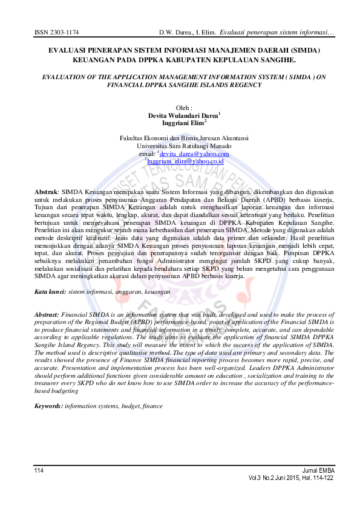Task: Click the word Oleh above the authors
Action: pos(179,107)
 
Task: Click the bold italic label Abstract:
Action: pos(47,316)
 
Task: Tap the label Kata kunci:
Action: pos(50,292)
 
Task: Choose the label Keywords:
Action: pos(48,406)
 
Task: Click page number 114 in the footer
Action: pos(39,470)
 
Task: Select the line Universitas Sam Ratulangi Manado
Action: pos(180,146)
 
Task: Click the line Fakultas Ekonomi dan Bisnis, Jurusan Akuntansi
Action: pos(180,138)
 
